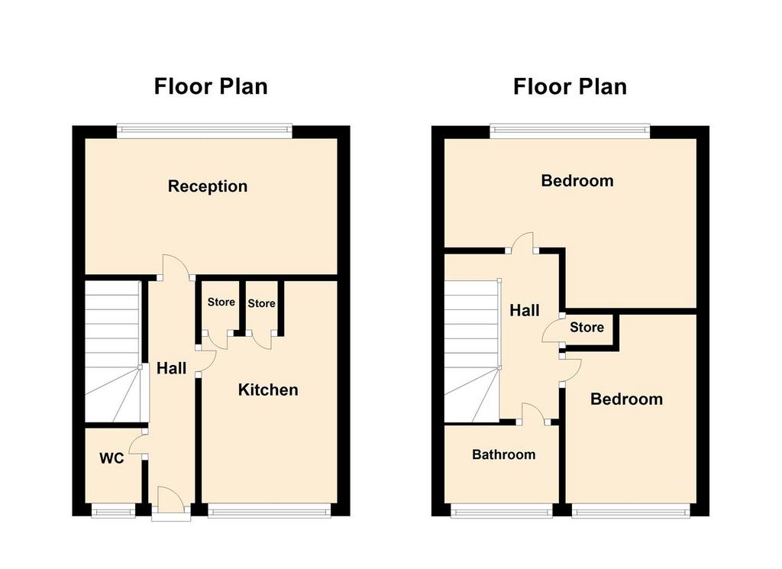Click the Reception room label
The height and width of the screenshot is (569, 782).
click(208, 186)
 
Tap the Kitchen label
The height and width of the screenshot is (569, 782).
click(268, 390)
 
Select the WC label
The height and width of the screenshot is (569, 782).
click(111, 458)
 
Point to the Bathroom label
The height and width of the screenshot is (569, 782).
click(504, 454)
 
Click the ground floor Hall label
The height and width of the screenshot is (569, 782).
click(172, 369)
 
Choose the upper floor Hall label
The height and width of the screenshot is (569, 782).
click(525, 311)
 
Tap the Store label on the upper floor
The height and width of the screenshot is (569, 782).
click(587, 327)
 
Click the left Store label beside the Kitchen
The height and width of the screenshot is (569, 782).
click(221, 302)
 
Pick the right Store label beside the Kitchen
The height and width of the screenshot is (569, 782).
click(261, 303)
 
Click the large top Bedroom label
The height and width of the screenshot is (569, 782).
click(577, 180)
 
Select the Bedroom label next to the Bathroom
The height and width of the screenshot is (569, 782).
click(626, 399)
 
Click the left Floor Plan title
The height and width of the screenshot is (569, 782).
click(211, 86)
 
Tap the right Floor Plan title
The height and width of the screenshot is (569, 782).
click(570, 87)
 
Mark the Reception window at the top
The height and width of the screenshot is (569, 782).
click(205, 131)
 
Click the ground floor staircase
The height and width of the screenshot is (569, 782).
click(113, 351)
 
